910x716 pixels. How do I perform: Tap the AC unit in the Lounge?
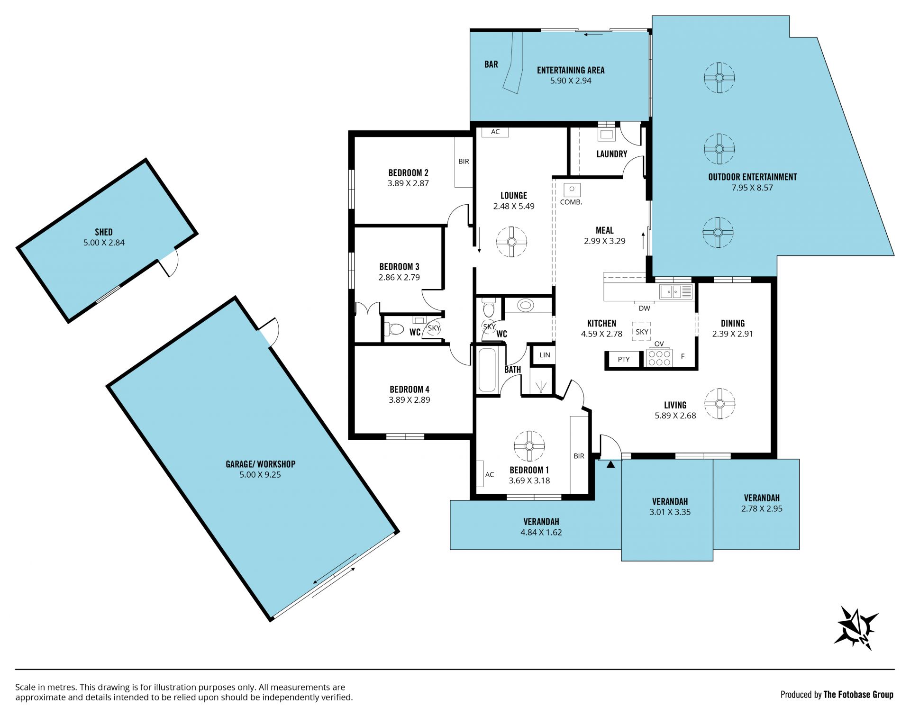[x=495, y=132]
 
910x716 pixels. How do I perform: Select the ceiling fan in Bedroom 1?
[x=529, y=446]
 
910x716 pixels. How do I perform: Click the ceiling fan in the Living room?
[x=719, y=404]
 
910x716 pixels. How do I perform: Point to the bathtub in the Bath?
[x=487, y=370]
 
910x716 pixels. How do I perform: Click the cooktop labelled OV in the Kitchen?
[x=659, y=358]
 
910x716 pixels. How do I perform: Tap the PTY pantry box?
[x=624, y=359]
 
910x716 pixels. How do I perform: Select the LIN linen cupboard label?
[x=545, y=354]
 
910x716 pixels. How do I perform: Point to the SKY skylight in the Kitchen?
[x=642, y=332]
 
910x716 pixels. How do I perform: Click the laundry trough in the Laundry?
[x=606, y=134]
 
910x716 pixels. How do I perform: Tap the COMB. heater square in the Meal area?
[x=572, y=190]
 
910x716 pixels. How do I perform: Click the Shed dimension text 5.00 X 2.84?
[x=104, y=243]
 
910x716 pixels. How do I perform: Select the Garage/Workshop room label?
[x=260, y=464]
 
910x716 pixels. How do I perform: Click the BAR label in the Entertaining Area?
[x=491, y=64]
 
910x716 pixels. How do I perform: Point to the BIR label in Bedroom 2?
[x=464, y=161]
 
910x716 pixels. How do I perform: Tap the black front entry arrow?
[x=610, y=464]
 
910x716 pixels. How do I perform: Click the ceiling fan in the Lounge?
[x=511, y=242]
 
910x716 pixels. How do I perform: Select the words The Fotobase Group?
[x=858, y=695]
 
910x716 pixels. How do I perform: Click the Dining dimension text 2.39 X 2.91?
[x=732, y=334]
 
